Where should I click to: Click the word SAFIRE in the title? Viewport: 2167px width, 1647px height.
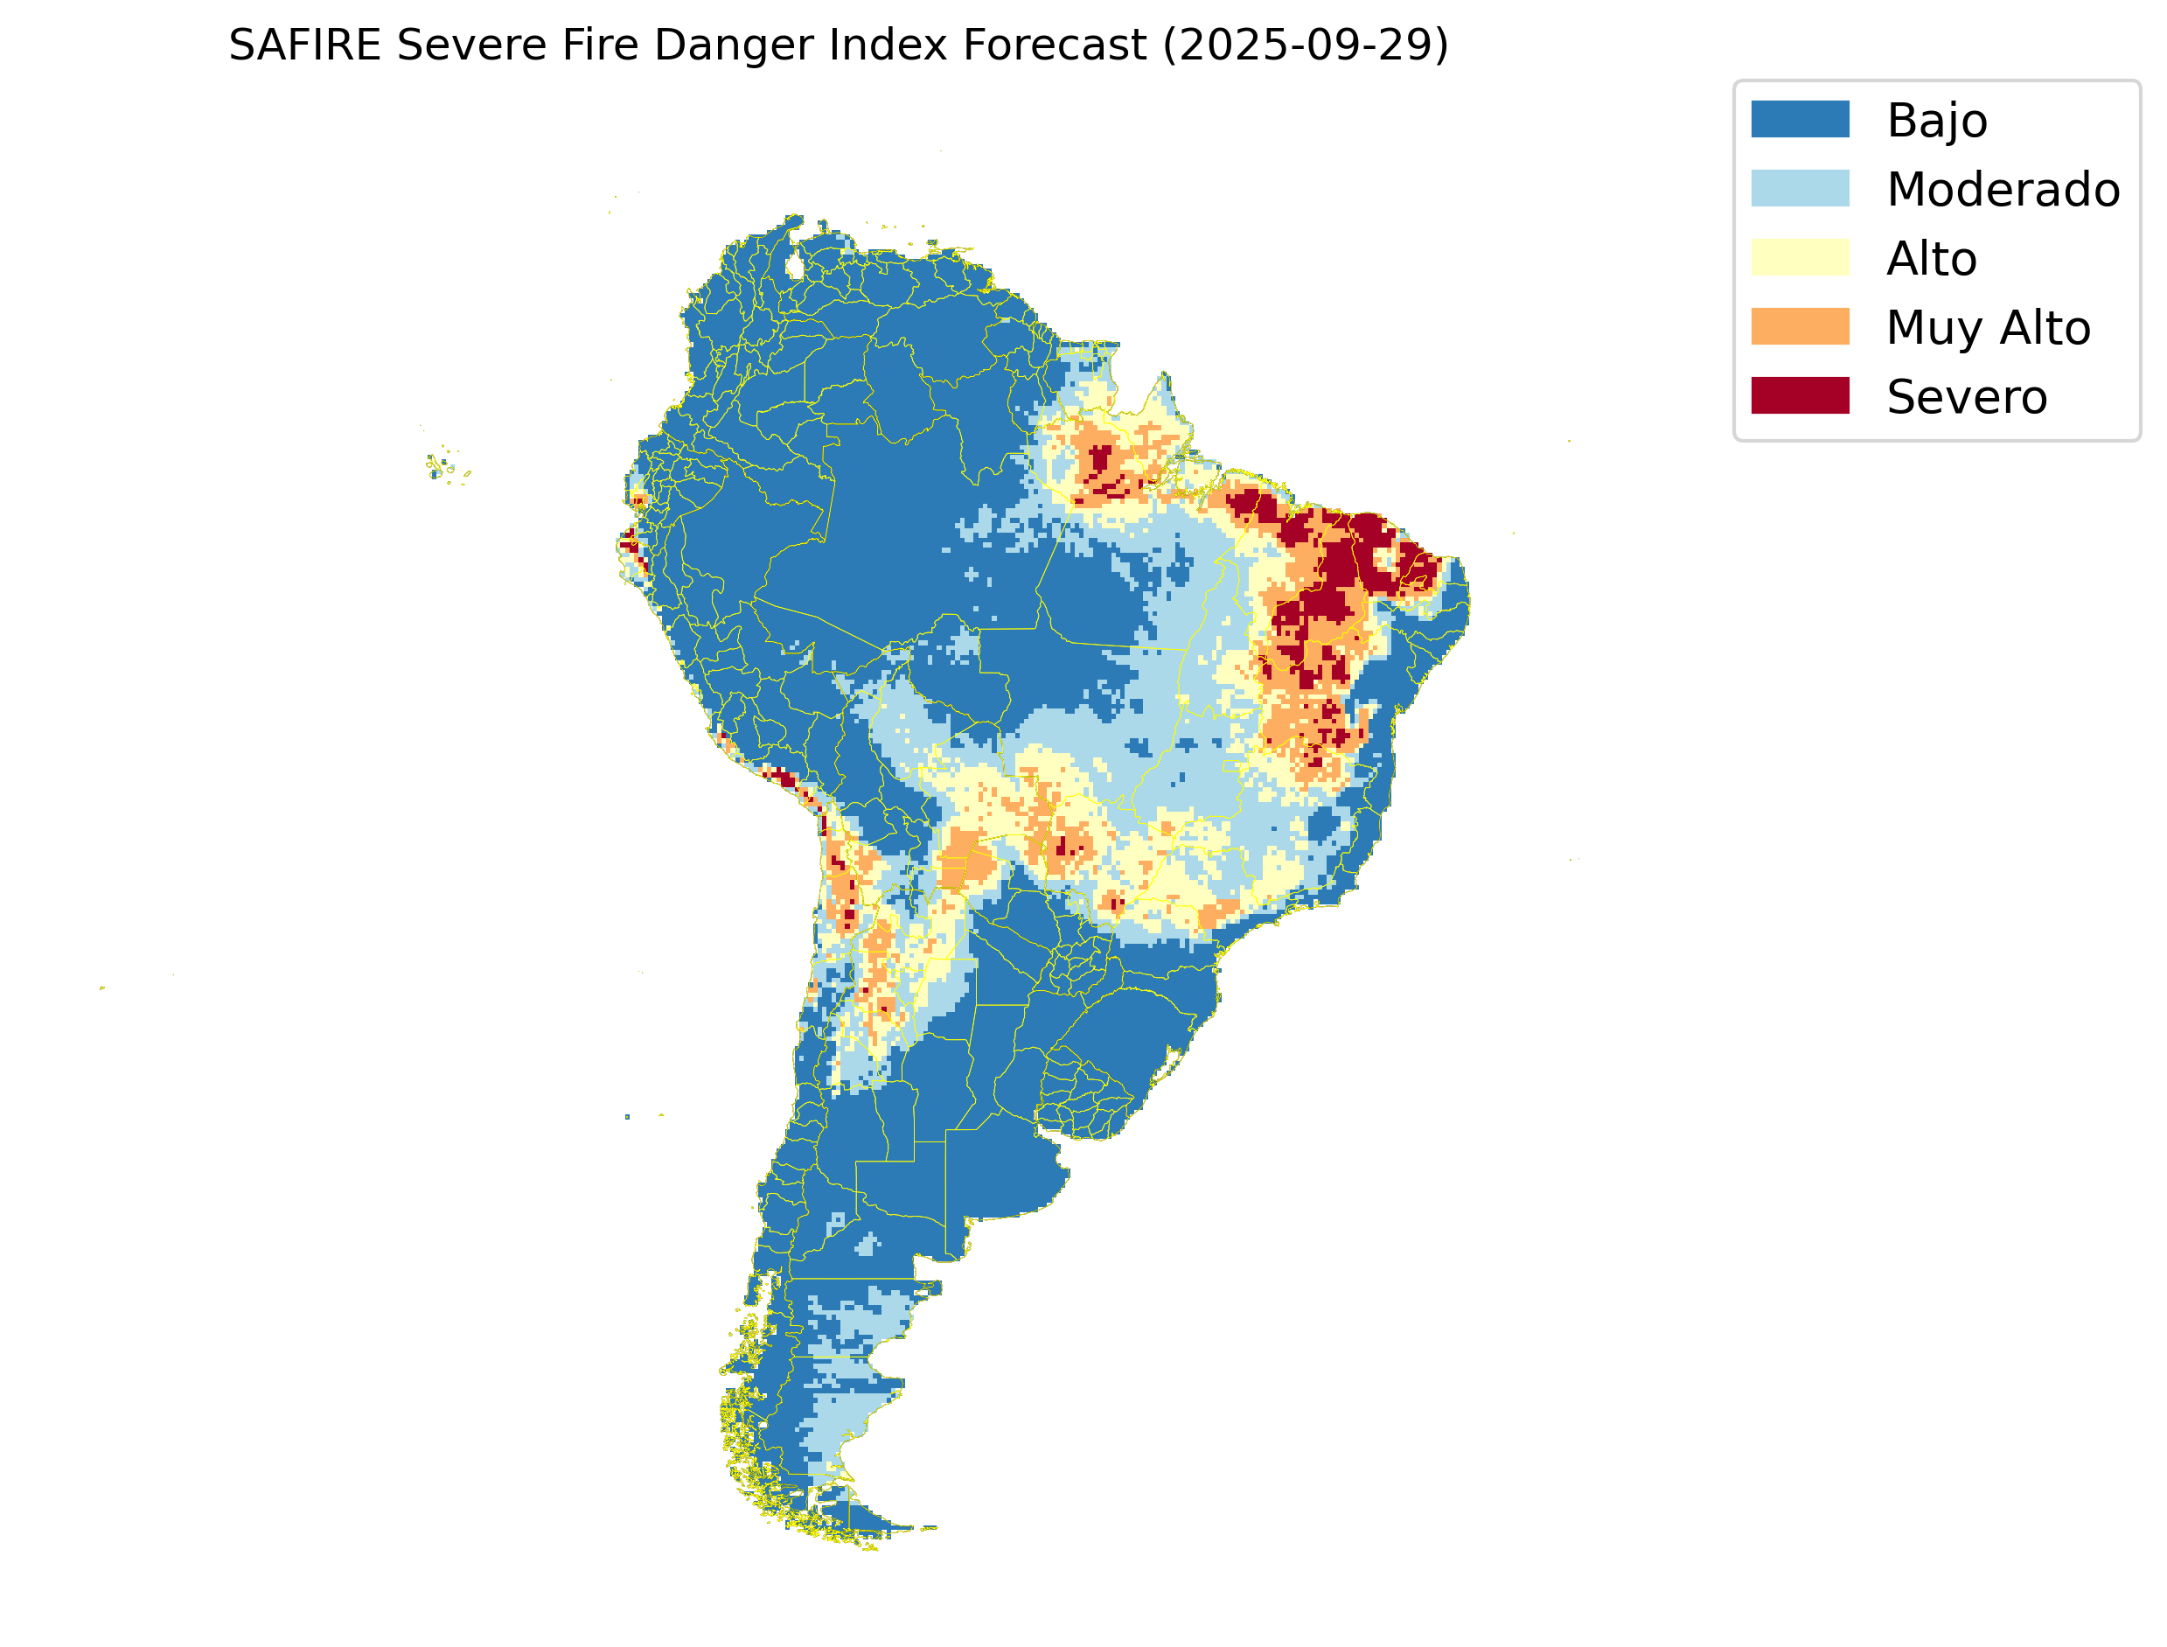(303, 45)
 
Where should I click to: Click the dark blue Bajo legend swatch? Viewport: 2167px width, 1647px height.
(1800, 120)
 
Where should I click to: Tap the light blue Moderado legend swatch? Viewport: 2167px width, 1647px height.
(1800, 188)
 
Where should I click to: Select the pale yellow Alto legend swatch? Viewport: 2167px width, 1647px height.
(1800, 258)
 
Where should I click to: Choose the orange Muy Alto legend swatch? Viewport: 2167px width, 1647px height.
(1800, 326)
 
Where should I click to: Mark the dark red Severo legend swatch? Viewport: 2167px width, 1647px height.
(1800, 395)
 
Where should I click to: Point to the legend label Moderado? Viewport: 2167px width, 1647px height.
(2003, 189)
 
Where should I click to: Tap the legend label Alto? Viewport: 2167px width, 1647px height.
(1931, 259)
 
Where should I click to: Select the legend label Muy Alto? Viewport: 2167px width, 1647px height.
(1988, 327)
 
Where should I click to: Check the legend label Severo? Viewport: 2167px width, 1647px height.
(1966, 397)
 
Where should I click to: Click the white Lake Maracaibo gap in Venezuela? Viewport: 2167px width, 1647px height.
(795, 266)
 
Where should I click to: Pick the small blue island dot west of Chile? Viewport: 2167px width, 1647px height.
(627, 1117)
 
